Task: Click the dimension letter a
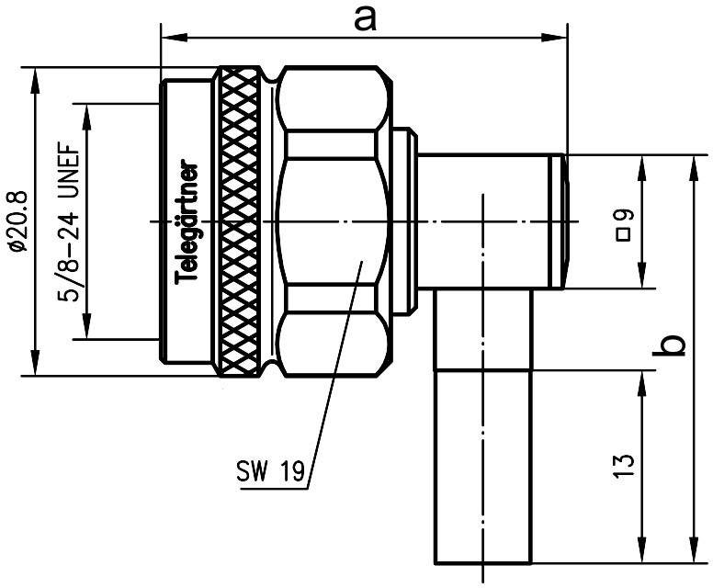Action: point(367,18)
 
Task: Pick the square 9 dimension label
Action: point(624,225)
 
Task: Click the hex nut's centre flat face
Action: point(333,220)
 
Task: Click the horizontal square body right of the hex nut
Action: point(487,221)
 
